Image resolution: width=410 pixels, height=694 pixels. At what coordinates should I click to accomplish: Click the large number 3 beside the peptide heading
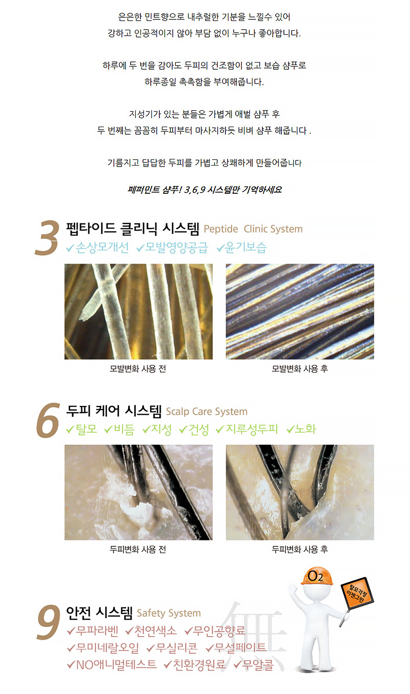click(47, 238)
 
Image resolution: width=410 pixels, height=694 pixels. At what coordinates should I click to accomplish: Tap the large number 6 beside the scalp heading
click(48, 420)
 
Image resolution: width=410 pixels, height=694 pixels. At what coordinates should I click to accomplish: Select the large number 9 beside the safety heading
click(48, 622)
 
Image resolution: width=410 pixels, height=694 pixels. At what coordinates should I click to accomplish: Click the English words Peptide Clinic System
click(253, 229)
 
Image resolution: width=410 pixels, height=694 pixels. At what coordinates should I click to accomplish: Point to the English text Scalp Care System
click(207, 412)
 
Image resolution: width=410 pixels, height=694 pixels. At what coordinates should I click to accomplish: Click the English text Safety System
click(169, 613)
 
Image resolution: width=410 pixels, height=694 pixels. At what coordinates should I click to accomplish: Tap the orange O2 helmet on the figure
click(317, 576)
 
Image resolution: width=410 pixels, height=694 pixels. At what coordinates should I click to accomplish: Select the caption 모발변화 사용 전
click(138, 369)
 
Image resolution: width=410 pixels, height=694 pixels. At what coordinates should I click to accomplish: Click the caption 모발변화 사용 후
click(300, 369)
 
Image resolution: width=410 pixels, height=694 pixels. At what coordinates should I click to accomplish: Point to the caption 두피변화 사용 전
click(138, 549)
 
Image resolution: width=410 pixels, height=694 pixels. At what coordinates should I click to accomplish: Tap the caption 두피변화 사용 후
click(300, 549)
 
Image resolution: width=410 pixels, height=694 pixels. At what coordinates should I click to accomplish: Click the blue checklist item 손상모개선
click(97, 248)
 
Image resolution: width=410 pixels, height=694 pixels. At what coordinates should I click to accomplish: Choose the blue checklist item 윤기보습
click(241, 248)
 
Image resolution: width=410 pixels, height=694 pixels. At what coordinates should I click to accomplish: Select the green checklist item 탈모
click(81, 429)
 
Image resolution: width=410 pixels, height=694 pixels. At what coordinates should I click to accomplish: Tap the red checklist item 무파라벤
click(93, 630)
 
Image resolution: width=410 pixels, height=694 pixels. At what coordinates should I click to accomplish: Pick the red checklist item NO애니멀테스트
click(112, 665)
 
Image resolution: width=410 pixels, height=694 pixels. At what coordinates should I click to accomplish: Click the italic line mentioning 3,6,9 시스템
click(204, 190)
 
